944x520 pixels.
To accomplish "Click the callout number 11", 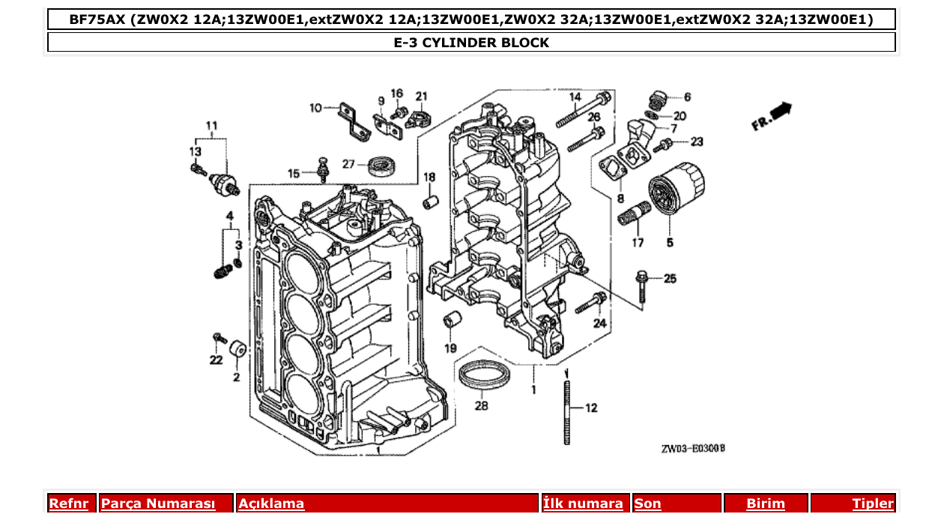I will click(x=212, y=124).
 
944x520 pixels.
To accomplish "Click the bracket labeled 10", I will click(x=353, y=122).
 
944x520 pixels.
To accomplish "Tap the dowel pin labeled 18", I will click(x=430, y=203).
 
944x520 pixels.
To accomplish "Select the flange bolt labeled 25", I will click(x=642, y=288).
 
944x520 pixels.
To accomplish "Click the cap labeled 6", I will click(x=657, y=100).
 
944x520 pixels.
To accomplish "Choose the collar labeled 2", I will click(x=238, y=350).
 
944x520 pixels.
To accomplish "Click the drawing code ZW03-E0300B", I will click(x=693, y=449).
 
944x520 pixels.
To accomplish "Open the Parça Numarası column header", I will click(x=158, y=504).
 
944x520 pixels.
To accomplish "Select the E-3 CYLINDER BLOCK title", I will click(x=471, y=43).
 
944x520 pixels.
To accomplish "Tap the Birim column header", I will click(x=765, y=504).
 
